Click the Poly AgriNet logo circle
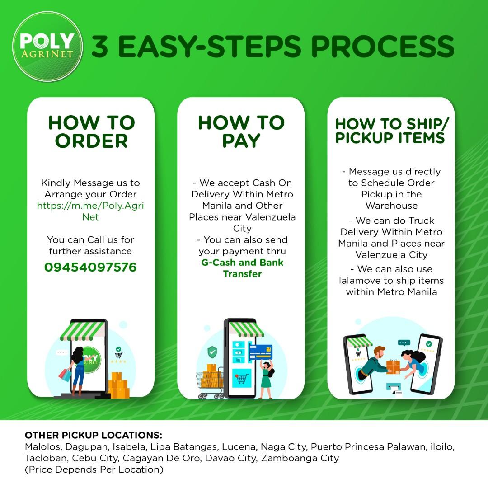pyautogui.click(x=47, y=47)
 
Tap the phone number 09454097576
pyautogui.click(x=90, y=267)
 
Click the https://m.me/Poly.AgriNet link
pyautogui.click(x=90, y=211)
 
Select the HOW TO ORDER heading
pyautogui.click(x=91, y=131)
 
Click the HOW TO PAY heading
pyautogui.click(x=241, y=131)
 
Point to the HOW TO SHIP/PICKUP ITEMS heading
pyautogui.click(x=392, y=131)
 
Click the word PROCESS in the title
pyautogui.click(x=383, y=46)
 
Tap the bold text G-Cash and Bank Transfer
pyautogui.click(x=242, y=268)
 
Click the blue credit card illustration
pyautogui.click(x=261, y=352)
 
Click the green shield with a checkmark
pyautogui.click(x=212, y=352)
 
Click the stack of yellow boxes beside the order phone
pyautogui.click(x=118, y=385)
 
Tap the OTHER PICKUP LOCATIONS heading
pyautogui.click(x=94, y=435)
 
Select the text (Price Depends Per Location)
pyautogui.click(x=94, y=469)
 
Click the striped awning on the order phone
pyautogui.click(x=83, y=331)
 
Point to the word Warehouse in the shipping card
pyautogui.click(x=391, y=206)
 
